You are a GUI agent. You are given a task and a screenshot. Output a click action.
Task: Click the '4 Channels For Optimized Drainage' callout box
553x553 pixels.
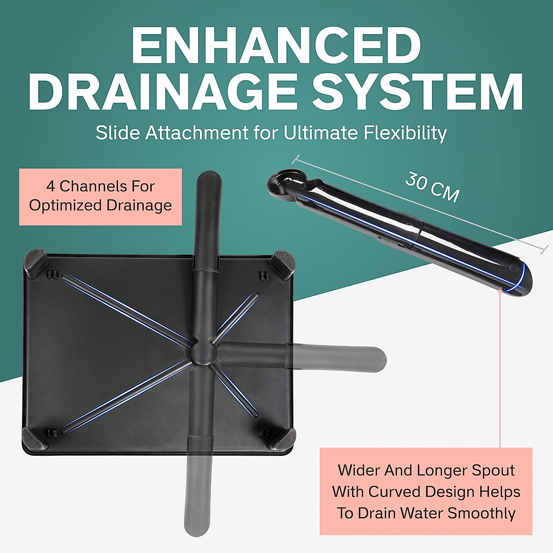100,196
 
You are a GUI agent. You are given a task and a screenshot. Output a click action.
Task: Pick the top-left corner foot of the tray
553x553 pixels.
36,263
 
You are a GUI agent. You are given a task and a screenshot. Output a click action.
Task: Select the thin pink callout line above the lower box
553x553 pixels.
500,369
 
